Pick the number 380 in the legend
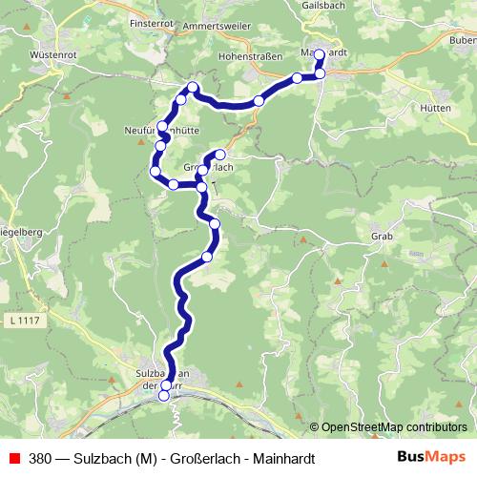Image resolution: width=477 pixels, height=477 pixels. tap(41, 458)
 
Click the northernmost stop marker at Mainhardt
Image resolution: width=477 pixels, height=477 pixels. tap(320, 54)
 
